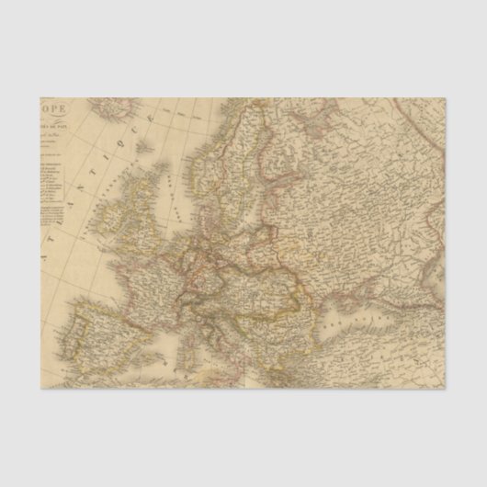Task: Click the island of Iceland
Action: click(115, 109)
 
